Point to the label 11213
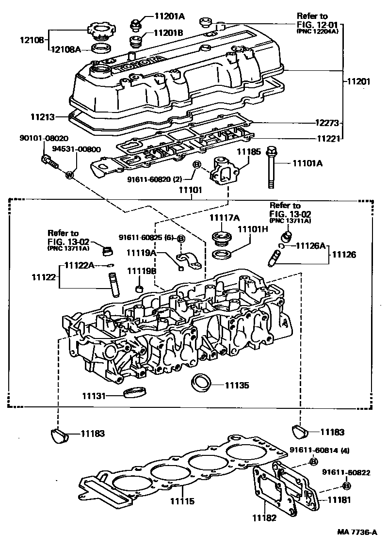[x=41, y=117]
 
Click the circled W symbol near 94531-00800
[x=69, y=174]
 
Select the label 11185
[x=248, y=152]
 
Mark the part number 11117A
[x=223, y=217]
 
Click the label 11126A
[x=310, y=246]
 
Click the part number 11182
[x=264, y=517]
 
